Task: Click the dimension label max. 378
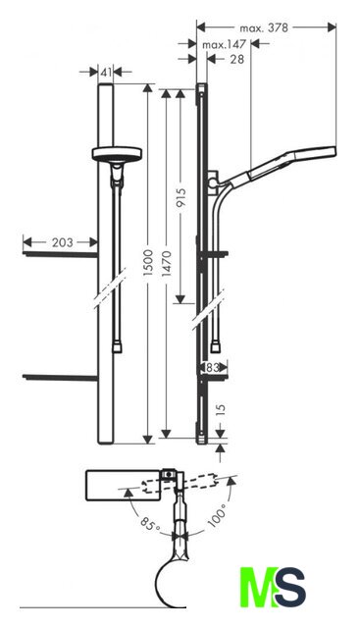[x=264, y=27]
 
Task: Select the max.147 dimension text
[x=224, y=44]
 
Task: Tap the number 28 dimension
[x=237, y=59]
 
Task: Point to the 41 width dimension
[x=106, y=73]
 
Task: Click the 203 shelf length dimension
[x=63, y=242]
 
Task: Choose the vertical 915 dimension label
[x=180, y=198]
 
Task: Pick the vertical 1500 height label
[x=148, y=262]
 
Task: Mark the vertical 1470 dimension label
[x=167, y=263]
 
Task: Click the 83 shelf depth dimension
[x=212, y=367]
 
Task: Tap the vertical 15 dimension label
[x=221, y=410]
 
